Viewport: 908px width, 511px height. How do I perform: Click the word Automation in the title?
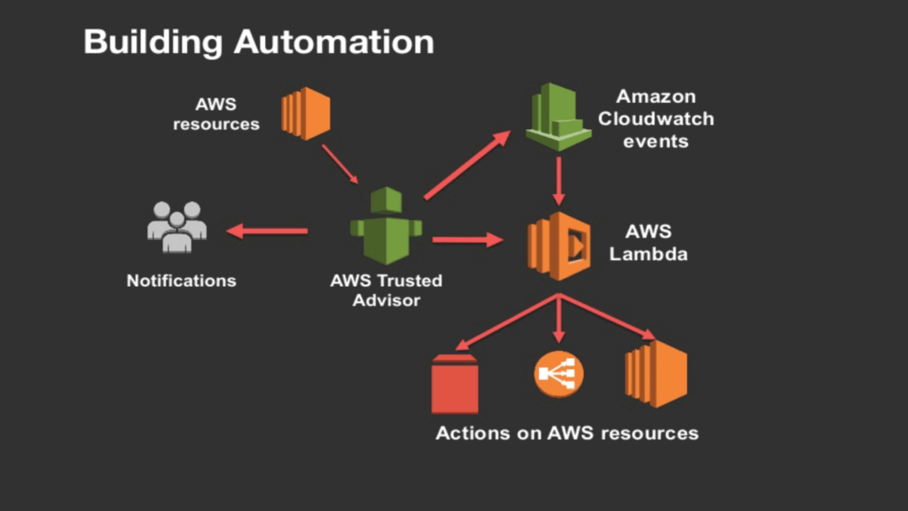point(336,42)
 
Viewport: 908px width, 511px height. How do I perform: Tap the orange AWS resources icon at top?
point(306,113)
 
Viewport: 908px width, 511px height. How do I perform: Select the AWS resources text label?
point(216,114)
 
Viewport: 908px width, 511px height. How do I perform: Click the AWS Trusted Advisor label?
point(387,290)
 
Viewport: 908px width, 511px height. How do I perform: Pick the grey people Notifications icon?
point(176,228)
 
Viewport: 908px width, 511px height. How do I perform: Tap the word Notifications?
point(182,281)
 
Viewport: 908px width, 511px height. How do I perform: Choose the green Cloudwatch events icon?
point(558,115)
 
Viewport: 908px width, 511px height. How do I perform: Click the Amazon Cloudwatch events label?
point(655,118)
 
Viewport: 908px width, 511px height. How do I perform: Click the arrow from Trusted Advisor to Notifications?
point(267,231)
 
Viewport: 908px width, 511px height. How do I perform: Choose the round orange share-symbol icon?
point(560,376)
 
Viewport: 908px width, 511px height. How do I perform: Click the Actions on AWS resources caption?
point(567,433)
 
